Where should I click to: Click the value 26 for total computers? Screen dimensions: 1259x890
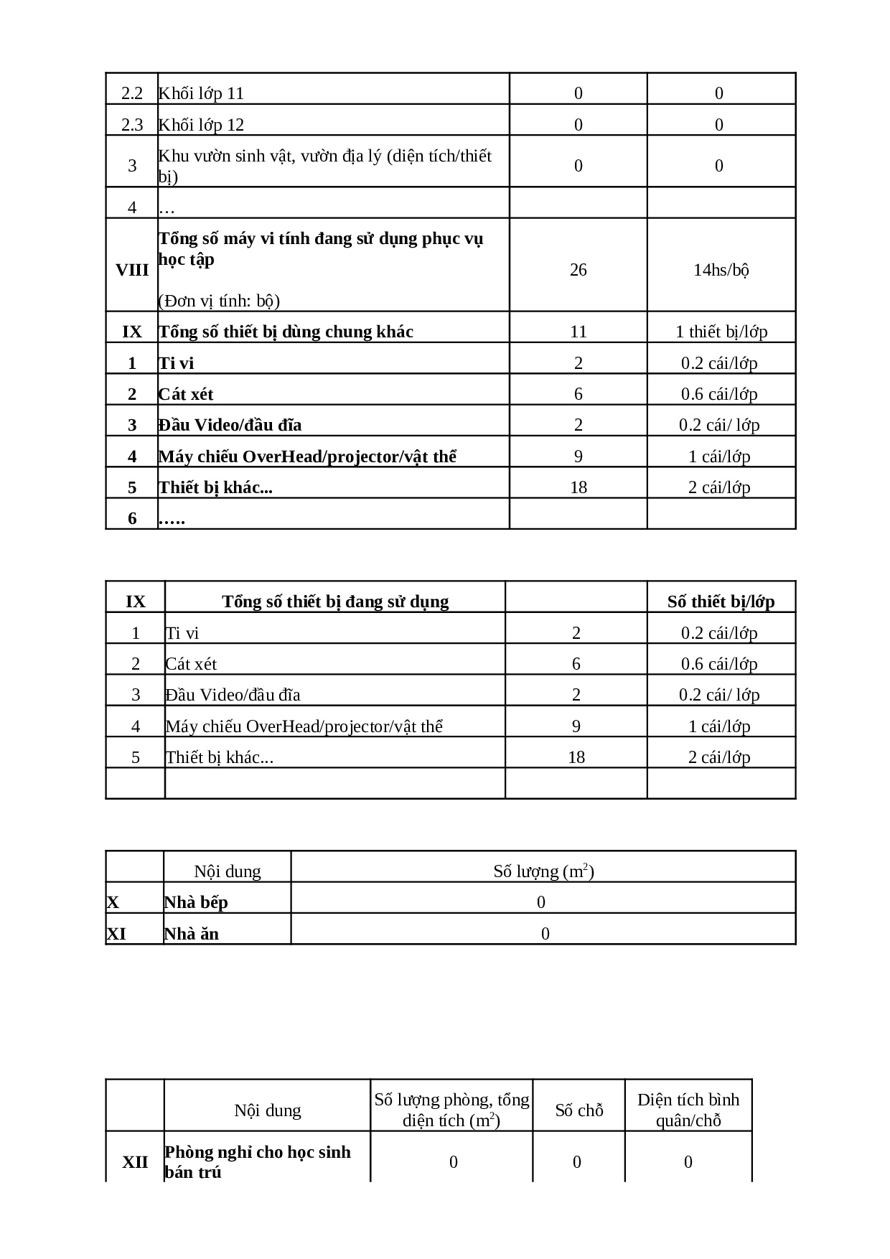[578, 270]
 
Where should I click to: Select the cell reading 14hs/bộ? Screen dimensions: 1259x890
[721, 270]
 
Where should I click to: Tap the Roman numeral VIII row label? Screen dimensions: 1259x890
[132, 270]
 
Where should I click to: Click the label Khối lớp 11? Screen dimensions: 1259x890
[201, 93]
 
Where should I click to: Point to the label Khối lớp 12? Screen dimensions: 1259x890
[201, 125]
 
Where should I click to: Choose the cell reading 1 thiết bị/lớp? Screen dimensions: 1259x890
[721, 332]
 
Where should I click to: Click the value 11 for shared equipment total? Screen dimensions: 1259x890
[578, 332]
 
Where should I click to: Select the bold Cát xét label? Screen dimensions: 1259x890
[186, 394]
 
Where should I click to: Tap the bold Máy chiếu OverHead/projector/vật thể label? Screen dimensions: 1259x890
[307, 457]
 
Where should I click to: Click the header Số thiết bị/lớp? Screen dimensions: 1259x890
[721, 602]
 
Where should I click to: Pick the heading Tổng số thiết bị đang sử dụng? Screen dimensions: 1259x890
[335, 602]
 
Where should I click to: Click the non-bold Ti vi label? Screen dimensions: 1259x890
[182, 633]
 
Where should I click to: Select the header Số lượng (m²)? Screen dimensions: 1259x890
[543, 871]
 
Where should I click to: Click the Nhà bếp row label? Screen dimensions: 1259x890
[196, 902]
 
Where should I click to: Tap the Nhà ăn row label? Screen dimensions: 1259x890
[192, 934]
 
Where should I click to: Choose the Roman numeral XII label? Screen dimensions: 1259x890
[135, 1162]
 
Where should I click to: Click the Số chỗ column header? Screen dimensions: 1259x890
[579, 1110]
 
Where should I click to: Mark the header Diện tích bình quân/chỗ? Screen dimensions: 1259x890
[688, 1110]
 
